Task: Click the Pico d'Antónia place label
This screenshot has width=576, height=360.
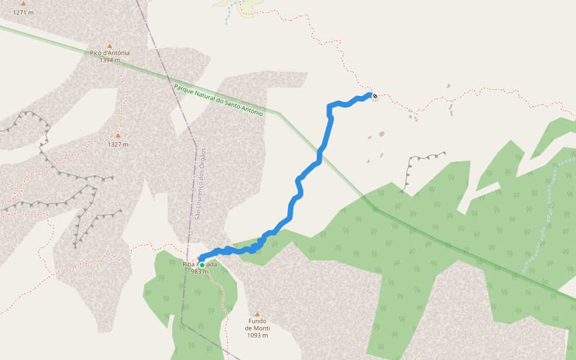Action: pos(110,53)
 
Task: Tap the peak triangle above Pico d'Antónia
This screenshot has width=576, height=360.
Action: pos(110,46)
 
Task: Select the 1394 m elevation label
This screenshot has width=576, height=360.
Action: pos(110,60)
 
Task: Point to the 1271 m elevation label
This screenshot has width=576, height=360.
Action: pos(23,12)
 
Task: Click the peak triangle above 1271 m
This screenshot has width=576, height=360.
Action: pos(23,4)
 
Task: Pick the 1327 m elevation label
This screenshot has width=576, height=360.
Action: pos(118,144)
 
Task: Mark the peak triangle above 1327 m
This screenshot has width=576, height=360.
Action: pos(118,136)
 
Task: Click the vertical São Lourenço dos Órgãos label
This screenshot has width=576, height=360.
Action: pos(200,184)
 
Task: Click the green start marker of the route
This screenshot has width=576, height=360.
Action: pos(202,265)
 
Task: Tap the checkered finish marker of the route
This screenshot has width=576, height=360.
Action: pos(375,96)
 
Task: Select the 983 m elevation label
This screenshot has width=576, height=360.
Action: pos(199,272)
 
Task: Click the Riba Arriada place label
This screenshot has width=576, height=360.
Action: pos(200,264)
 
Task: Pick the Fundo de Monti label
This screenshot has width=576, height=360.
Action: pos(257,325)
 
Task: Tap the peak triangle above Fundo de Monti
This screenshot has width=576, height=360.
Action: pos(257,314)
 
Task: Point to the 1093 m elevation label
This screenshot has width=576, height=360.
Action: pos(257,335)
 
